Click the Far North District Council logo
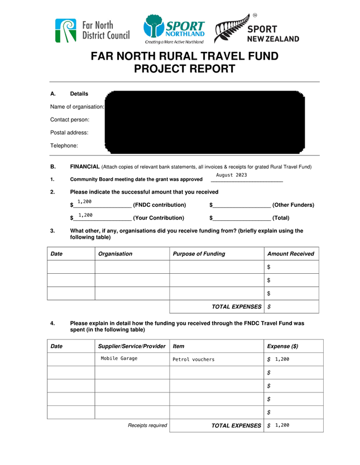pos(92,31)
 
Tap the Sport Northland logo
pos(174,29)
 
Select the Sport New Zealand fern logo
pos(257,29)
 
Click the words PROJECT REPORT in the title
pos(184,69)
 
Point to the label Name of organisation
pos(77,106)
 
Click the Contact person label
pos(70,119)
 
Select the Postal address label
pos(69,133)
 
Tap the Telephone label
pos(64,146)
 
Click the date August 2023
pos(231,175)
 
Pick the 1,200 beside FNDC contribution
pos(84,201)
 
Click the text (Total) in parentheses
pos(281,218)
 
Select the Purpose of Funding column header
pos(199,254)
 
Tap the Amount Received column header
pos(290,254)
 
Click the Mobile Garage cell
pos(119,359)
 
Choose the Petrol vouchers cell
pos(193,360)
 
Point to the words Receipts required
pos(147,425)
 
